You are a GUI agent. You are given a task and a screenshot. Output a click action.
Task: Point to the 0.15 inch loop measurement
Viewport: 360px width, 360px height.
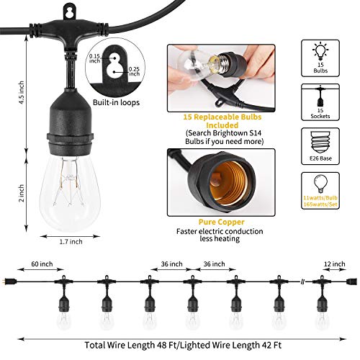[113, 58]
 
